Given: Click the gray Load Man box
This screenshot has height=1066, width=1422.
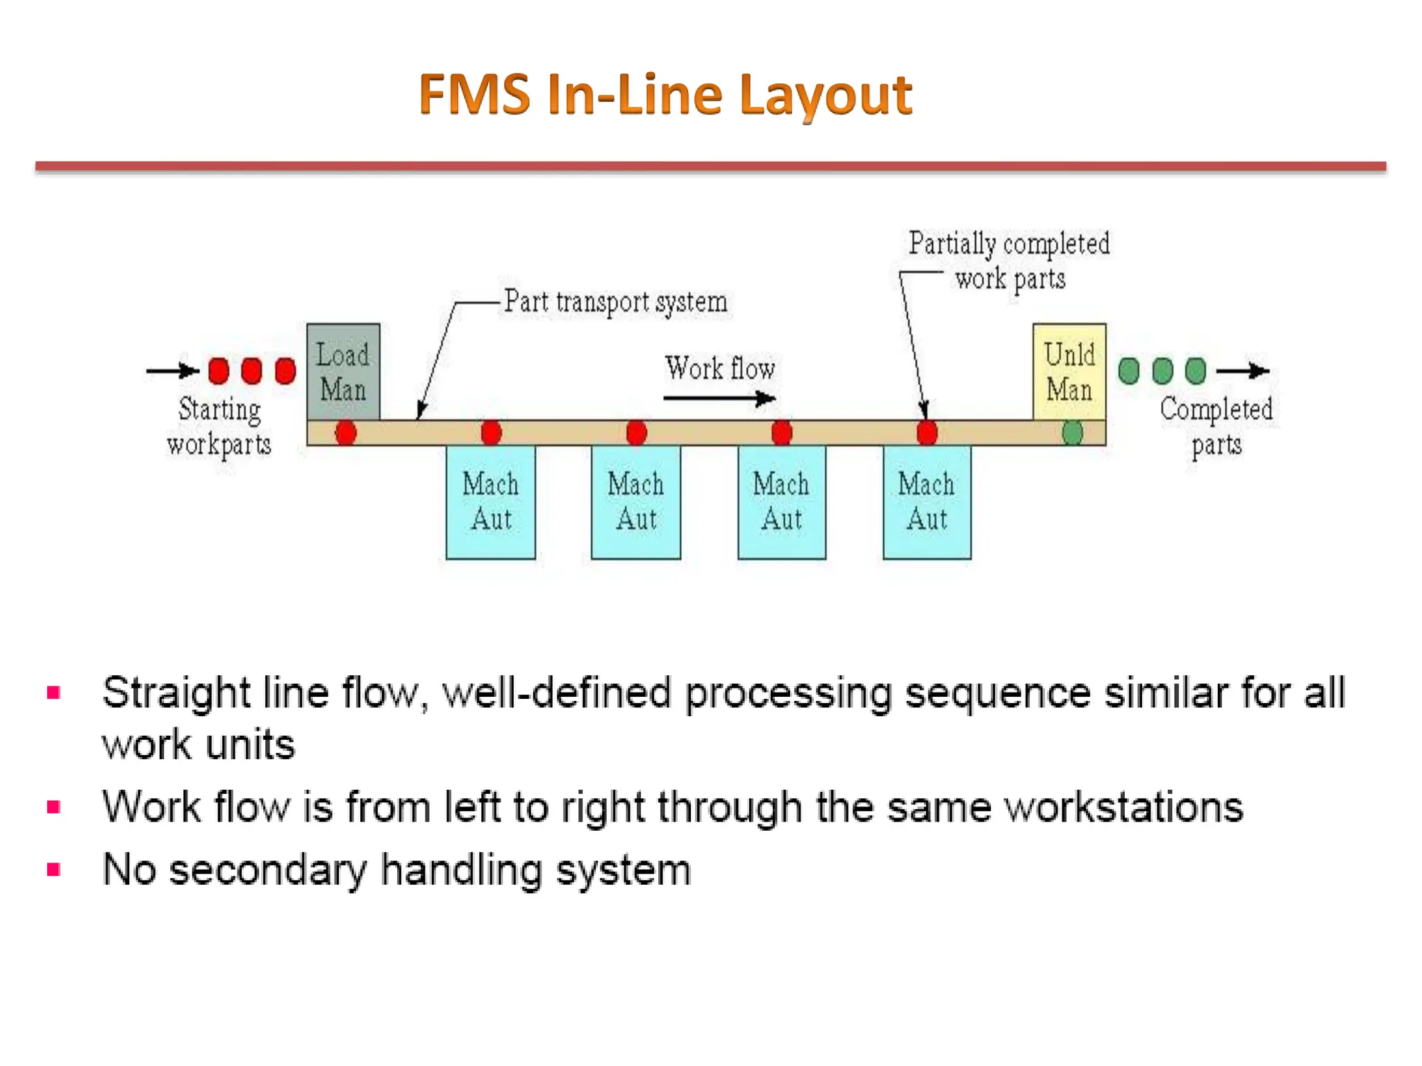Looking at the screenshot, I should tap(343, 371).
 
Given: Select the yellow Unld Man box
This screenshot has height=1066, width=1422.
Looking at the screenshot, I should tap(1069, 371).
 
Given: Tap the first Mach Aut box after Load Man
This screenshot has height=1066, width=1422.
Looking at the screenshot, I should tap(490, 502).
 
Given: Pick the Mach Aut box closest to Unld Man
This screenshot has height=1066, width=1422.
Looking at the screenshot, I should tap(926, 502).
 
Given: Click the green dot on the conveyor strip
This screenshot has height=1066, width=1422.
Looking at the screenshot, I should tap(1072, 433).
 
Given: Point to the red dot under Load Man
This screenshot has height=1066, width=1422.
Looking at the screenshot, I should tap(346, 433).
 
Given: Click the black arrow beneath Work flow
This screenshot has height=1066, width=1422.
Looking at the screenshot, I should tap(719, 398).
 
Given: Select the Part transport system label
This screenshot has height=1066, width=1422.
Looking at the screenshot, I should tap(615, 302).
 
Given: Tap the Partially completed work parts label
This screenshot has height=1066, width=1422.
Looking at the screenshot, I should tap(1009, 261).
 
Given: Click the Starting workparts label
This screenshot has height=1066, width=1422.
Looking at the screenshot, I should tap(219, 426).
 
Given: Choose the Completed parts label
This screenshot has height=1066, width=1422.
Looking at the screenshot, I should tap(1216, 426).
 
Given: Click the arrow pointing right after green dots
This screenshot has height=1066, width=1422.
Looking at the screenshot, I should tap(1242, 371).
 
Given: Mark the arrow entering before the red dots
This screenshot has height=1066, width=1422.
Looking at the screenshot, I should tap(172, 371).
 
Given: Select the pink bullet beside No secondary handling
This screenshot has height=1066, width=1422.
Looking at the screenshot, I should tap(53, 870).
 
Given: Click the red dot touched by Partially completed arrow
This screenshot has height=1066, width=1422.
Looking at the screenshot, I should tap(926, 433).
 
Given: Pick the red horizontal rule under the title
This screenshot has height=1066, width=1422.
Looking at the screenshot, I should tap(710, 167).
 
